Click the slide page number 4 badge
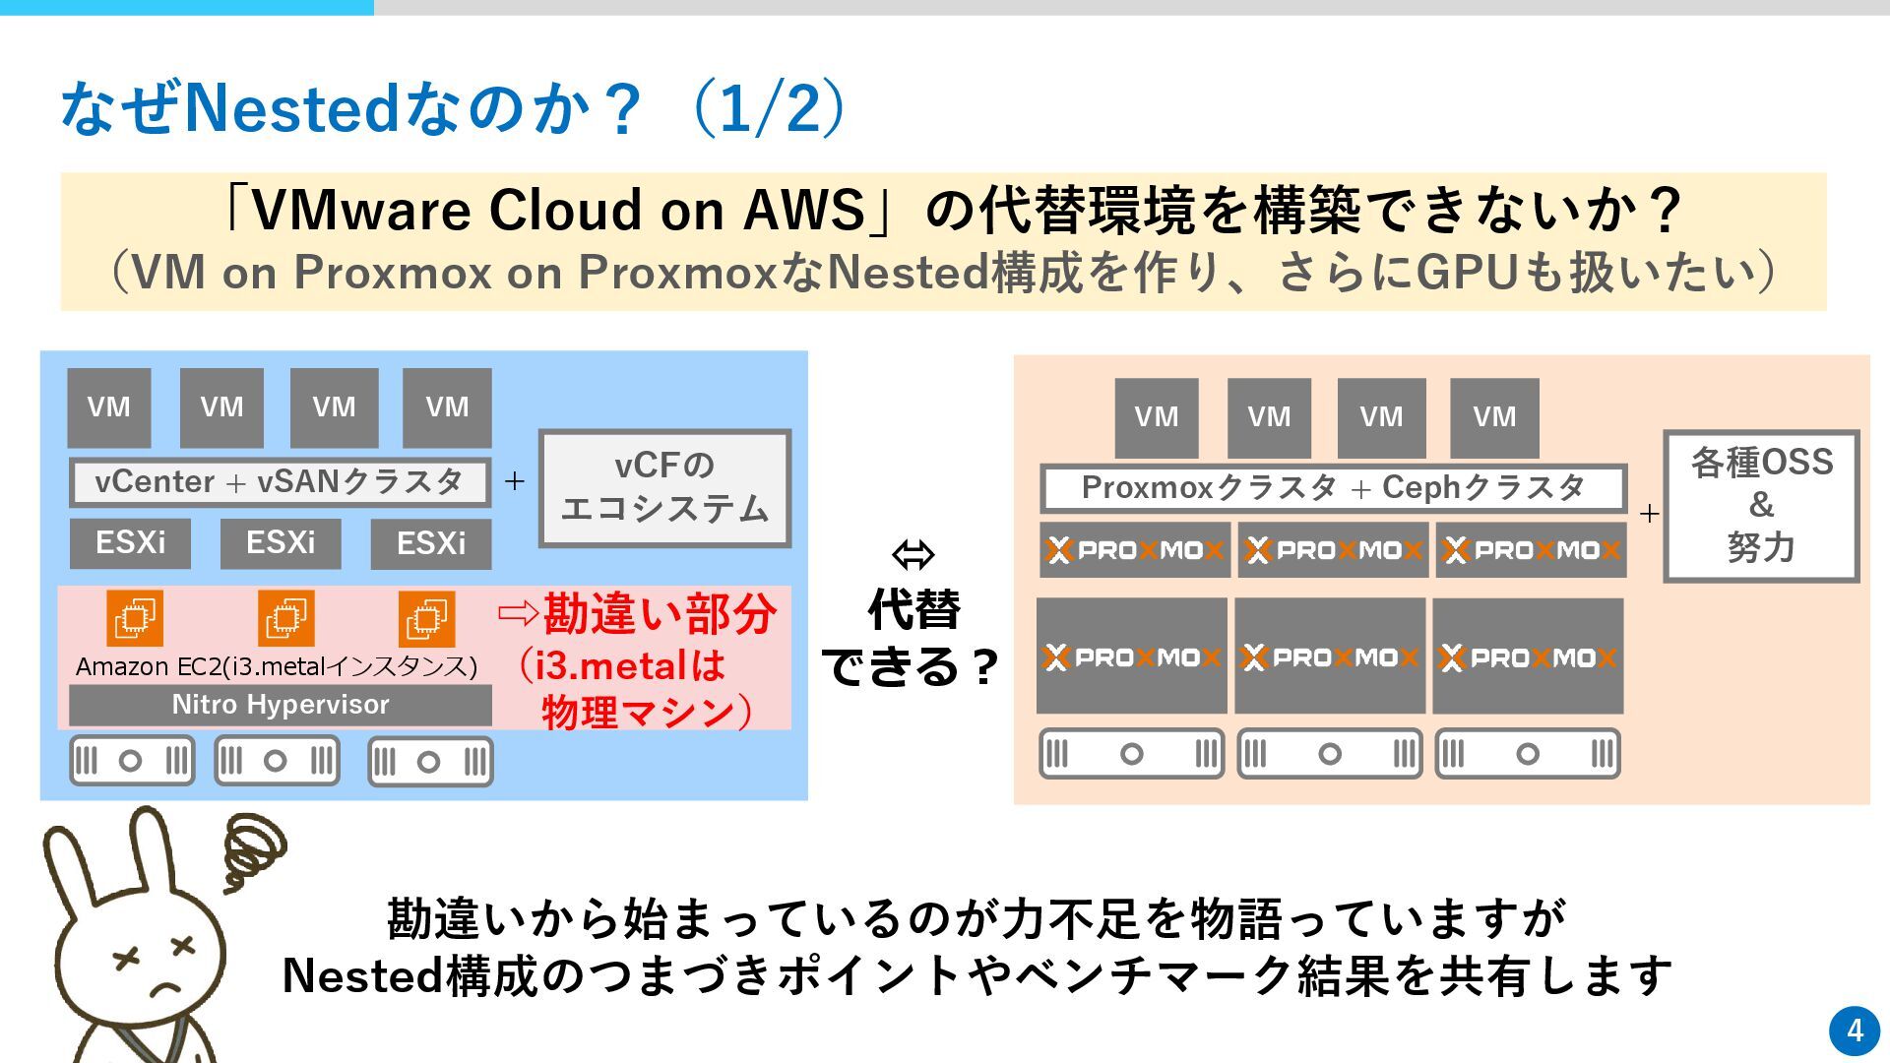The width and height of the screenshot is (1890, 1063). click(x=1855, y=1031)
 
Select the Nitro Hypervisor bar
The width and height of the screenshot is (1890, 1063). click(x=281, y=705)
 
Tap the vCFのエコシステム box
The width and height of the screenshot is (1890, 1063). click(x=664, y=487)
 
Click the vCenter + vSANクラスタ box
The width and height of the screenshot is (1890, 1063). click(x=280, y=482)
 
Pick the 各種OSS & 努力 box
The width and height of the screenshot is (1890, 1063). click(x=1761, y=506)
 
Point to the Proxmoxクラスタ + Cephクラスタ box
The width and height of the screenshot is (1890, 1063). click(x=1333, y=488)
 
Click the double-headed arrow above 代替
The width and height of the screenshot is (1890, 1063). click(x=913, y=555)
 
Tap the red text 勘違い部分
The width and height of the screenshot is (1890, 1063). click(x=660, y=615)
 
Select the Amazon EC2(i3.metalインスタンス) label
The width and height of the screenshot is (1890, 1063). click(x=277, y=667)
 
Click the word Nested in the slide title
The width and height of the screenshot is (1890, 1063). click(x=291, y=108)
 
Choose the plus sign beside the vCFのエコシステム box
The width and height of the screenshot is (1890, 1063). click(x=514, y=481)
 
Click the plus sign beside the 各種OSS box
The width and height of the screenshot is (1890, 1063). click(x=1649, y=513)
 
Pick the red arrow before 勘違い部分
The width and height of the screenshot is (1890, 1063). click(x=518, y=614)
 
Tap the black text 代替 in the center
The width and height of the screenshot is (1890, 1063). click(x=913, y=610)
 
